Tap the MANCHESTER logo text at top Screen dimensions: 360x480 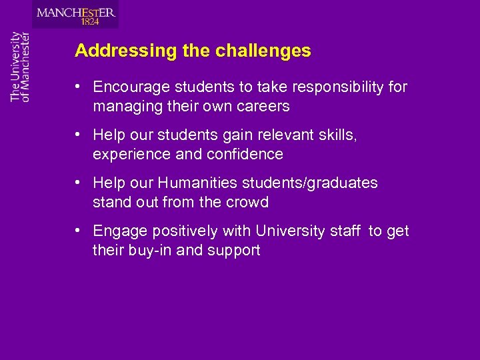pyautogui.click(x=76, y=12)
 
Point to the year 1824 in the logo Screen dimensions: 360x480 pyautogui.click(x=90, y=22)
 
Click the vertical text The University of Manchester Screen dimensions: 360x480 pyautogui.click(x=20, y=66)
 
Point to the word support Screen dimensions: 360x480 pyautogui.click(x=234, y=250)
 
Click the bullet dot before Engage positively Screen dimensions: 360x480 pyautogui.click(x=79, y=231)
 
